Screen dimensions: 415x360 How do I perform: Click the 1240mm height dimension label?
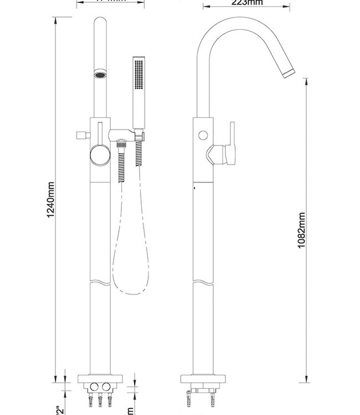(x=50, y=200)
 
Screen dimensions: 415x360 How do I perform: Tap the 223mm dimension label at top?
(x=247, y=2)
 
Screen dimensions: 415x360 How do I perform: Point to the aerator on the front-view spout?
(x=100, y=75)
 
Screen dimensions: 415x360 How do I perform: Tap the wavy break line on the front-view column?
(x=100, y=283)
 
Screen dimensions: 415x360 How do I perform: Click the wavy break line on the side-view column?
(x=203, y=283)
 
